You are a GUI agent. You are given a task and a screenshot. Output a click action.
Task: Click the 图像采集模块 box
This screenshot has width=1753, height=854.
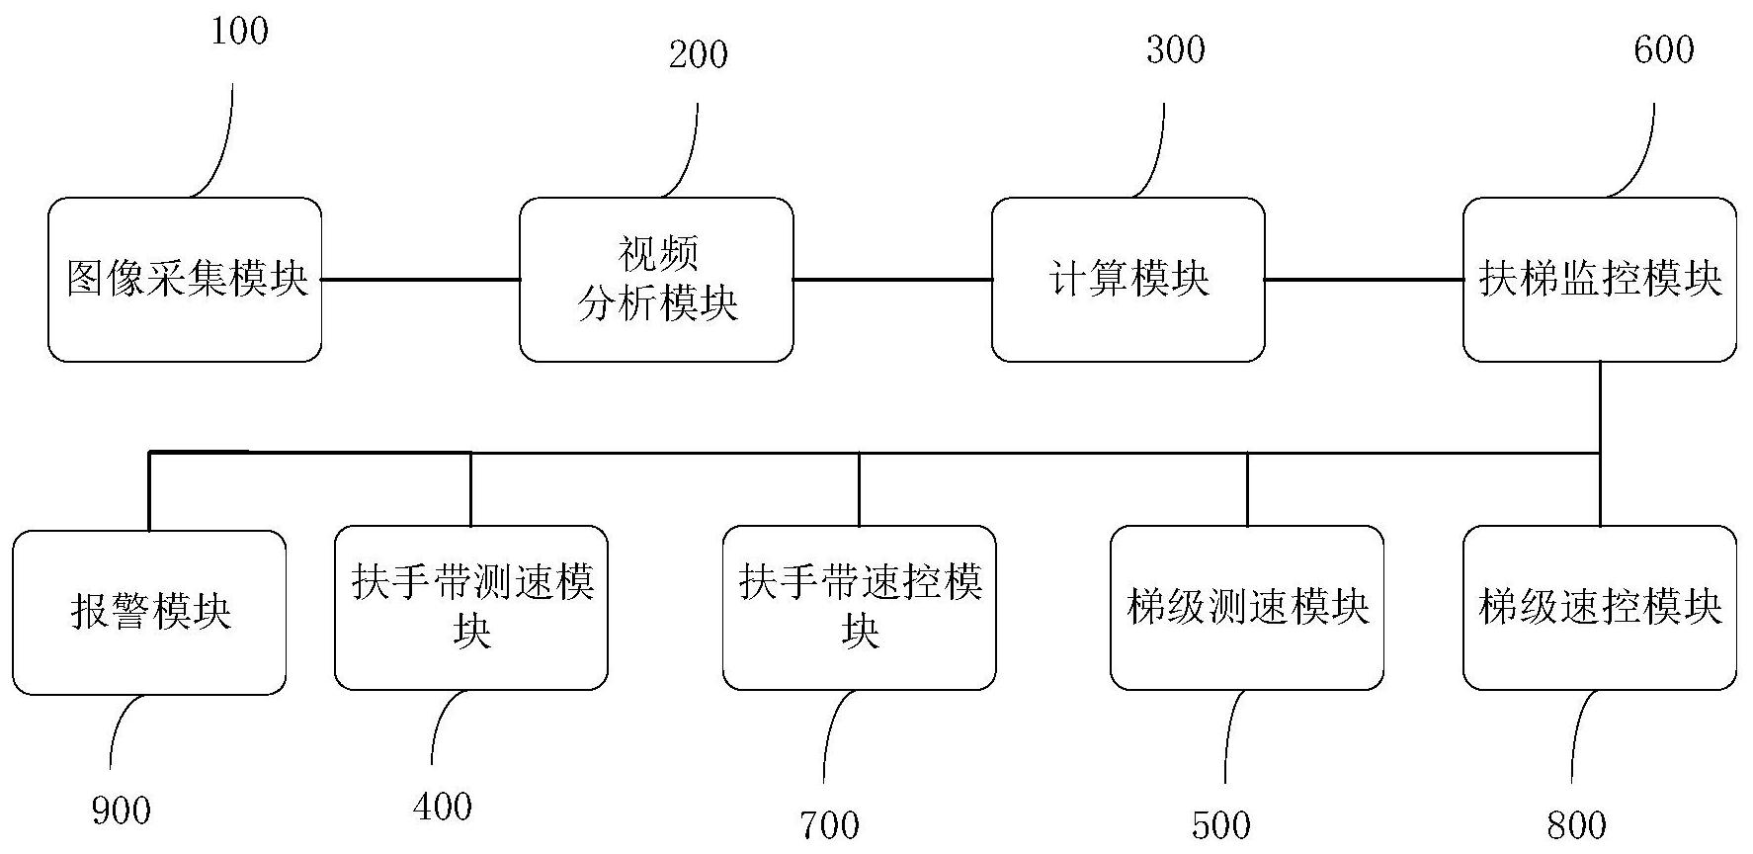click(185, 280)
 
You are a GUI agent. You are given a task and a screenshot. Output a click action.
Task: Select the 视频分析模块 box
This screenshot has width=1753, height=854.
click(656, 280)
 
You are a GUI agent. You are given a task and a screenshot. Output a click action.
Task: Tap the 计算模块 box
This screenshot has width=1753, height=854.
click(1127, 280)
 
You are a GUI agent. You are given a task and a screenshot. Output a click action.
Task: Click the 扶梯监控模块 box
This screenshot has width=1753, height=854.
click(1599, 280)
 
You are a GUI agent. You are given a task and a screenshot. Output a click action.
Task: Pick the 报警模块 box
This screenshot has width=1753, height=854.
click(149, 612)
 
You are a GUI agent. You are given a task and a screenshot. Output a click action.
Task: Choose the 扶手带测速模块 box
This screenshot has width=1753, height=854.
click(470, 607)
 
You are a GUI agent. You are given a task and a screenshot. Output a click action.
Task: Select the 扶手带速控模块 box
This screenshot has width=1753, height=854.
click(859, 607)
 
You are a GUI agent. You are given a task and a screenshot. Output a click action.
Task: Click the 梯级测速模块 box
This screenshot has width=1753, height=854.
click(1246, 607)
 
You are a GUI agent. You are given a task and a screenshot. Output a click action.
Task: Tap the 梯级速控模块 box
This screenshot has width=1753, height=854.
click(1599, 607)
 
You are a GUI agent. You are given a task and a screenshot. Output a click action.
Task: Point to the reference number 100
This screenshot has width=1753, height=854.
click(239, 31)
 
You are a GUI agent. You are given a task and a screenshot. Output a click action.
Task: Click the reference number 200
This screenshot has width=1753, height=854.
click(698, 54)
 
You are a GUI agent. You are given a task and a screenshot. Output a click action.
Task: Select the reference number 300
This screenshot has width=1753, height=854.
click(1175, 49)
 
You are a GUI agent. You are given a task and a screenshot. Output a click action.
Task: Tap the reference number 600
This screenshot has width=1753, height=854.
click(1664, 49)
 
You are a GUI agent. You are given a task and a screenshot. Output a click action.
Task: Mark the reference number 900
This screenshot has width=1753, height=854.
click(121, 811)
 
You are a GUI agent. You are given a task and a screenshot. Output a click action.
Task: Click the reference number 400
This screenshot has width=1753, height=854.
click(442, 807)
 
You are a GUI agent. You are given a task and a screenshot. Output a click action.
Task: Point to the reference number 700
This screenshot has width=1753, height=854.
click(829, 825)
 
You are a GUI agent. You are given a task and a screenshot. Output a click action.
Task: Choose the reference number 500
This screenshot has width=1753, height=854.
click(1221, 825)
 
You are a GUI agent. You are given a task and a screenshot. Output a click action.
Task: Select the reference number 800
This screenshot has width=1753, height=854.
click(1576, 825)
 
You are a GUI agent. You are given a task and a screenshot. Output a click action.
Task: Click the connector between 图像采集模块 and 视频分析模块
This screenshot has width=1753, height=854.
click(421, 280)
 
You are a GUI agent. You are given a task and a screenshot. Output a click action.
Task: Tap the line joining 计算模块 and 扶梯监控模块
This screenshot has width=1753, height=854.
click(1364, 280)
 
